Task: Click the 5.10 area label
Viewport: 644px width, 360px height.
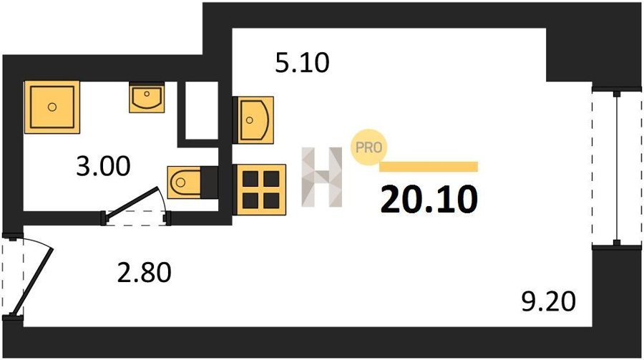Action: click(x=302, y=64)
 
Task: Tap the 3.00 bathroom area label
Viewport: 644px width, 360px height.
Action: click(x=104, y=167)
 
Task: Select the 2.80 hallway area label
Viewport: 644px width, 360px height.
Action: click(x=144, y=272)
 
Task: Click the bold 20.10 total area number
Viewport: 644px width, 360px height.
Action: click(x=428, y=199)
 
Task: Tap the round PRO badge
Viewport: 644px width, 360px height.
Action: click(x=368, y=148)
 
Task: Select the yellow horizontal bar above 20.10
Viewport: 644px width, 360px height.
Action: click(x=428, y=167)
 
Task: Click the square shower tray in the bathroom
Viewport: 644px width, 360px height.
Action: click(x=52, y=107)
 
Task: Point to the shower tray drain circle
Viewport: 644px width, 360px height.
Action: click(x=52, y=107)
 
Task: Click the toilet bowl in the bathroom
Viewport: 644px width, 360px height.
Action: click(x=184, y=182)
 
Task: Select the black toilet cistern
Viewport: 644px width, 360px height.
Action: click(x=209, y=182)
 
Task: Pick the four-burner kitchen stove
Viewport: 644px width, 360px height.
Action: click(x=261, y=187)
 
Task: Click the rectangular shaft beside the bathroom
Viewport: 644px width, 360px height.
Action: click(x=200, y=110)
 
